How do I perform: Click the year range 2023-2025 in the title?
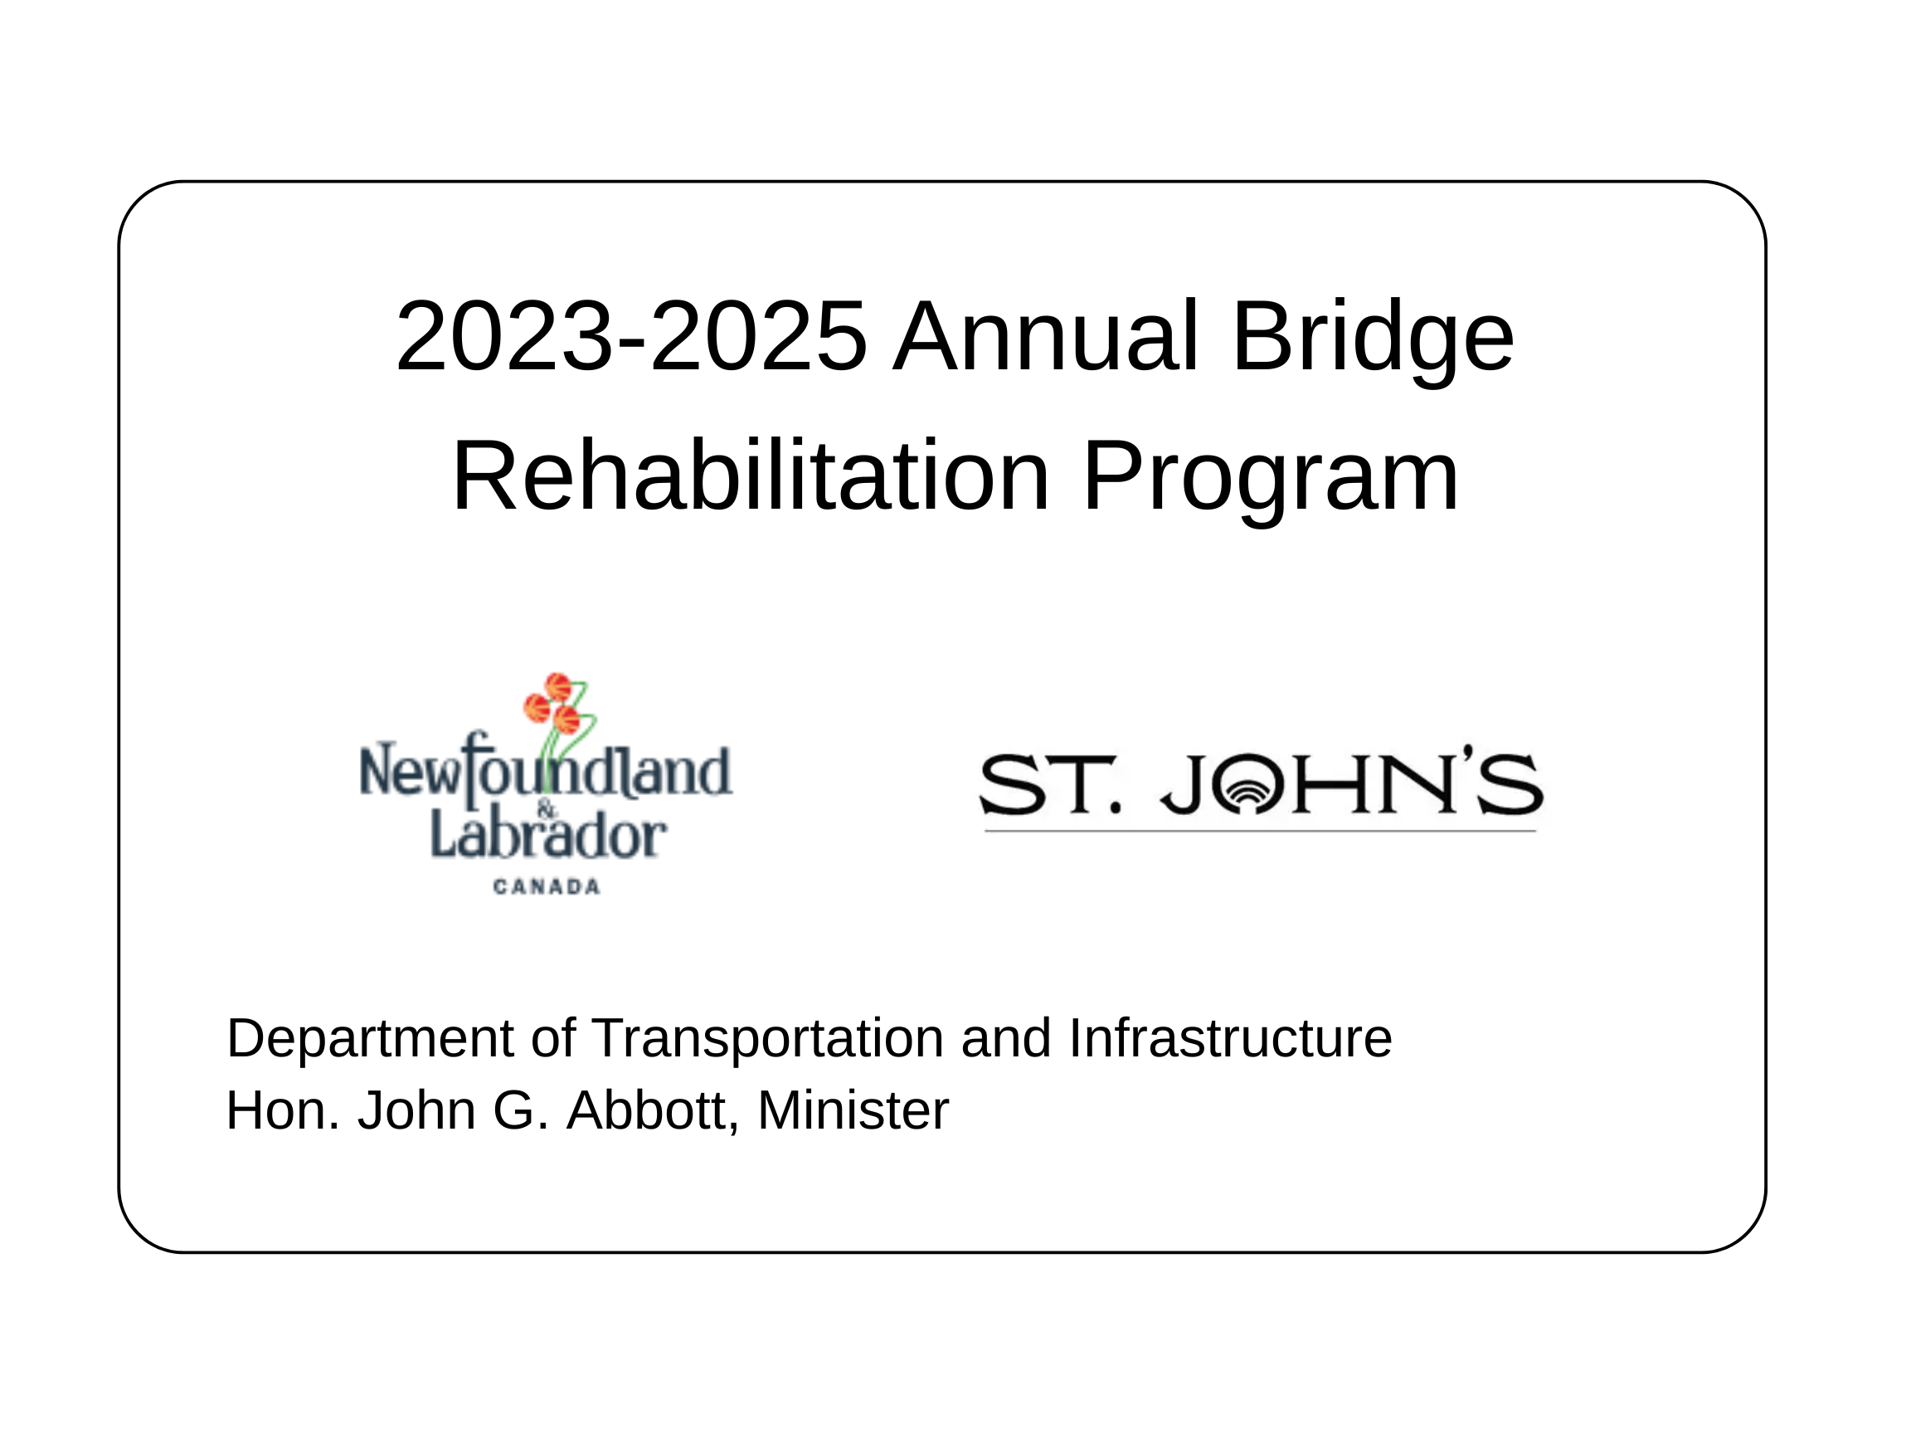pyautogui.click(x=630, y=336)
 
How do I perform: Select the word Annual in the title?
pyautogui.click(x=1044, y=336)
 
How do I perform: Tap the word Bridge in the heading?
pyautogui.click(x=1373, y=340)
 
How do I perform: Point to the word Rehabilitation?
pyautogui.click(x=750, y=476)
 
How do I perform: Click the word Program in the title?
pyautogui.click(x=1270, y=480)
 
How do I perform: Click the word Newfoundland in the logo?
pyautogui.click(x=545, y=772)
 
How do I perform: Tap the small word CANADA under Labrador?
pyautogui.click(x=546, y=887)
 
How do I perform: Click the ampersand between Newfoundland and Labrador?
pyautogui.click(x=547, y=809)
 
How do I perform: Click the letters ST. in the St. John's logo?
pyautogui.click(x=1050, y=784)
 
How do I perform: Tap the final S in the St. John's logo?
pyautogui.click(x=1510, y=784)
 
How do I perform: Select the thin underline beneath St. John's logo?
pyautogui.click(x=1261, y=831)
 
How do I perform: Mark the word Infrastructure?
pyautogui.click(x=1230, y=1037)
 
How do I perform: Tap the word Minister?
pyautogui.click(x=853, y=1110)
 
